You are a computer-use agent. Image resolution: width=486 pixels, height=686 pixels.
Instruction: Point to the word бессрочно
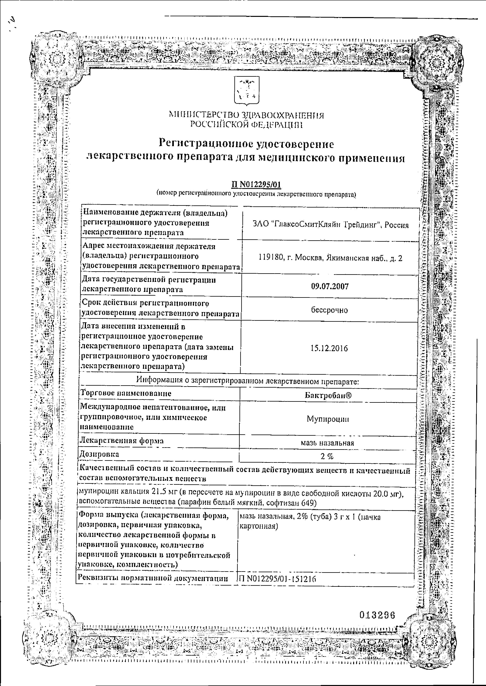[329, 310]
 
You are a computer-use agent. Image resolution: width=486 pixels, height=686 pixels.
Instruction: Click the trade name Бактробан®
[328, 395]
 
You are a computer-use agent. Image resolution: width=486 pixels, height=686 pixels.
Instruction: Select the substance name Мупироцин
[328, 419]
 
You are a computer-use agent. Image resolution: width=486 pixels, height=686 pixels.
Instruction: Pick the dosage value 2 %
[327, 456]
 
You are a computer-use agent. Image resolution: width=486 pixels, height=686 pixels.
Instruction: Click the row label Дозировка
[99, 454]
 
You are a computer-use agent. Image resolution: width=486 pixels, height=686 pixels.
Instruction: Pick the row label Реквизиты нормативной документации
[153, 578]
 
